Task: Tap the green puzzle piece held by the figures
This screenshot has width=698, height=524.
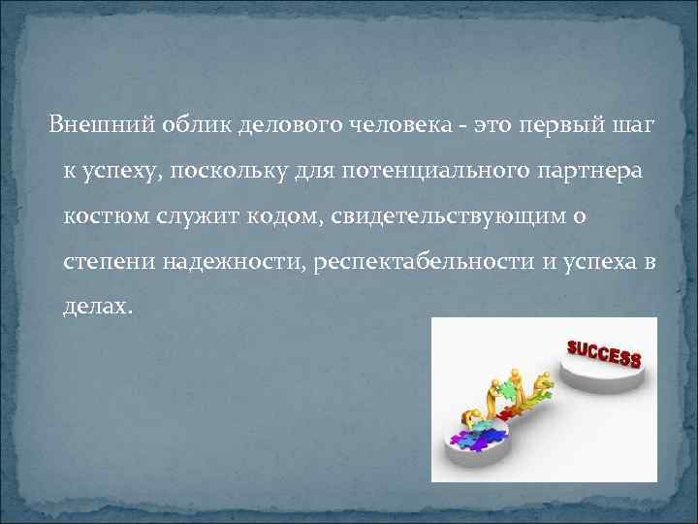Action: click(507, 389)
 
